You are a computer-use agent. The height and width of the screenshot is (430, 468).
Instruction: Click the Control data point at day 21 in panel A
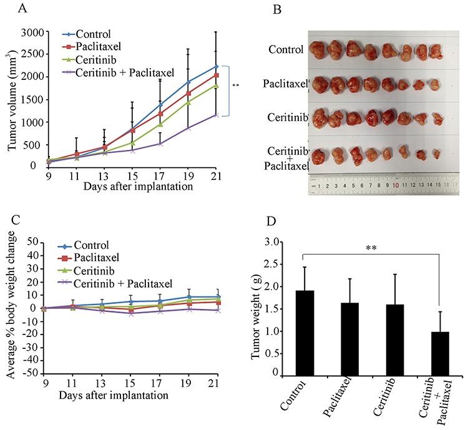pyautogui.click(x=216, y=66)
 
